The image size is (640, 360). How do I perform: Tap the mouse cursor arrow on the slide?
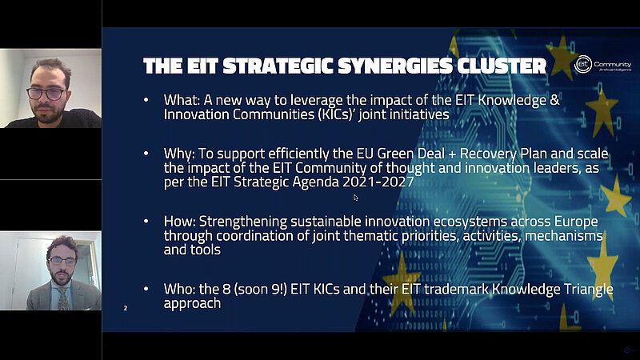coord(356,197)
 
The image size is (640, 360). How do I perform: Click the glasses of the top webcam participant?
coord(46,94)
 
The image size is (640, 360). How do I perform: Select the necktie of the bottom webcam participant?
coord(62,298)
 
